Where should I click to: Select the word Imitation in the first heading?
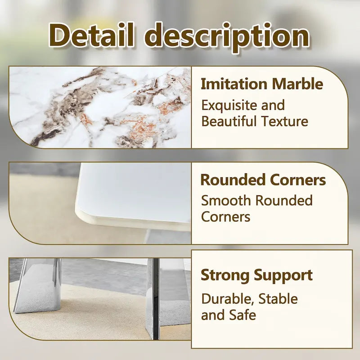[x=233, y=84]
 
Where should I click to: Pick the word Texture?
[x=287, y=121]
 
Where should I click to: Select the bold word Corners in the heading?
[x=297, y=180]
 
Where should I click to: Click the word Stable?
[x=278, y=299]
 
